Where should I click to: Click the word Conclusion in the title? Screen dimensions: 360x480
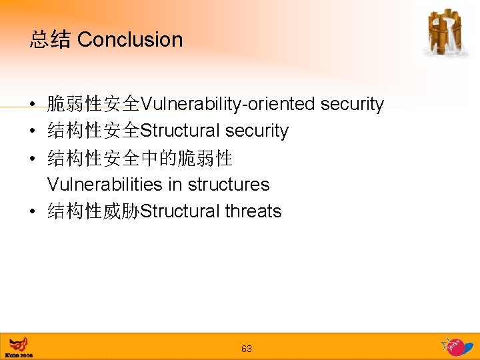130,40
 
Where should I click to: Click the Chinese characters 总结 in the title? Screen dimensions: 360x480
50,40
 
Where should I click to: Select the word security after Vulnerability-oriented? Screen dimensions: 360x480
352,104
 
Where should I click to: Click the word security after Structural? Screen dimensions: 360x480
257,131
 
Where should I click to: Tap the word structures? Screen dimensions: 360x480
229,184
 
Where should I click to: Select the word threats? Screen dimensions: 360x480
253,211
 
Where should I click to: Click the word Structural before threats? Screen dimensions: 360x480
180,211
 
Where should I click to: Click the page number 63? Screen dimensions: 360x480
247,349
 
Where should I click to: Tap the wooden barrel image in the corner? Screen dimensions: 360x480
445,33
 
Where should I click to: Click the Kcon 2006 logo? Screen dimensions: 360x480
19,347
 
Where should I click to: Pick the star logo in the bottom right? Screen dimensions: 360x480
455,346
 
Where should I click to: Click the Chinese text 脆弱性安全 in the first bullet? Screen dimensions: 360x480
93,104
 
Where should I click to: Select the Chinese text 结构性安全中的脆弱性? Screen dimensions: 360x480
140,158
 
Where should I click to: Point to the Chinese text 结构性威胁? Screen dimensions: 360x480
93,211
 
